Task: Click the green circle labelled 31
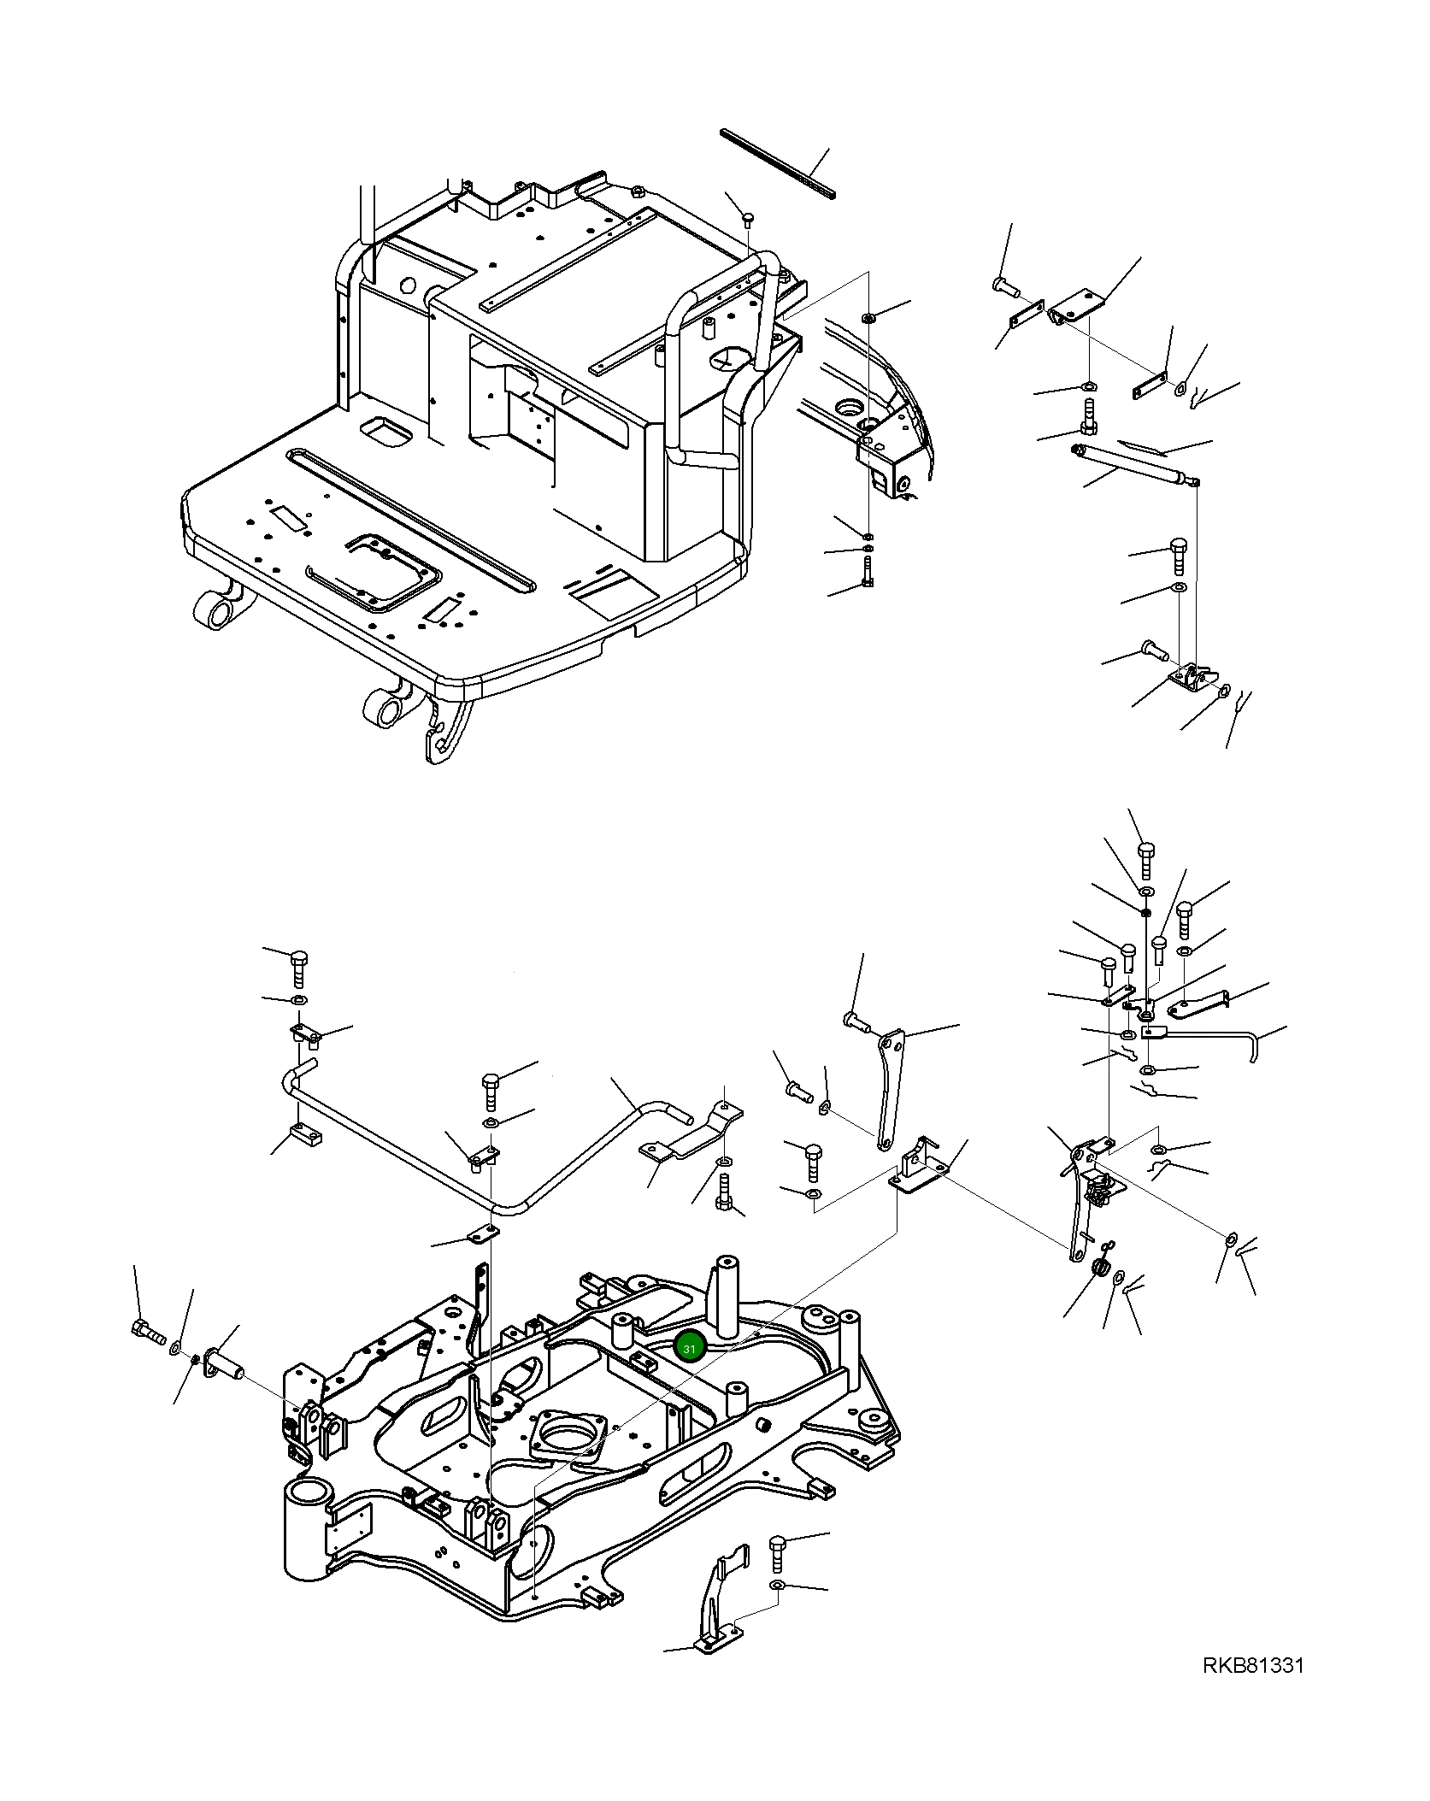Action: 689,1348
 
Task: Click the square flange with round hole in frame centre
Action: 568,1436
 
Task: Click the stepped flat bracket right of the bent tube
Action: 691,1136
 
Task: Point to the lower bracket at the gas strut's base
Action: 1190,682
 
